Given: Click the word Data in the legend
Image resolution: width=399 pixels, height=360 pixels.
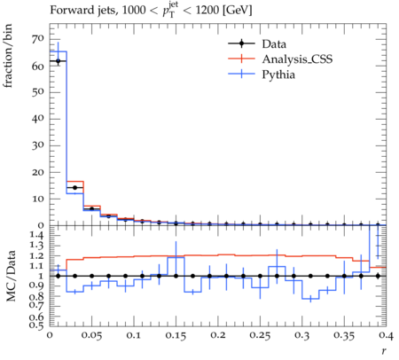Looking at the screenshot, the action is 274,44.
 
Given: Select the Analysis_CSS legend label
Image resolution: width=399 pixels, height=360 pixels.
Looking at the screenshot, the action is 297,59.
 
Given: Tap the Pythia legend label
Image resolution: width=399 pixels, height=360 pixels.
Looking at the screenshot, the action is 278,74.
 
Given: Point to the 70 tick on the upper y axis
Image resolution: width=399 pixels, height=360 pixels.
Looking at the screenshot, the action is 38,39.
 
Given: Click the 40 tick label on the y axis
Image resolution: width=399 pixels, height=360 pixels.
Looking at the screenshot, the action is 38,119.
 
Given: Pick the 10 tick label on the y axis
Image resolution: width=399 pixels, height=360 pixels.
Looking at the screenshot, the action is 38,199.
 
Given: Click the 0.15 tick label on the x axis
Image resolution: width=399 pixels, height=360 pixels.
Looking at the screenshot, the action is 176,335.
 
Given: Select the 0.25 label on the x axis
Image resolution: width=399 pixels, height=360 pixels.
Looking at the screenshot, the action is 260,335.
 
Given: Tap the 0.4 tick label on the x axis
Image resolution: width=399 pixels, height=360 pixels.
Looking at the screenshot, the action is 385,335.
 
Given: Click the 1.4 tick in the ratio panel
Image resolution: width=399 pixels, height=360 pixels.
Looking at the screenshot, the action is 36,235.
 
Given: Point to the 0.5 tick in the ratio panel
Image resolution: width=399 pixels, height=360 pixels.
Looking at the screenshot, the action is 36,325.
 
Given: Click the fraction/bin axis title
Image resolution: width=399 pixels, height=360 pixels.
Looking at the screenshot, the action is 8,56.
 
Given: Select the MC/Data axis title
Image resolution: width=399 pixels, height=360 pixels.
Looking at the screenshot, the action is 11,276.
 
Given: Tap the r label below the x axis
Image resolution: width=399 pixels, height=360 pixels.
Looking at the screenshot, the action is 384,351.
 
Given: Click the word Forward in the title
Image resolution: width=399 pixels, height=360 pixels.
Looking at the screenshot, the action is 68,11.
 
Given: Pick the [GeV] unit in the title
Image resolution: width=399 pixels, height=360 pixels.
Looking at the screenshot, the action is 237,11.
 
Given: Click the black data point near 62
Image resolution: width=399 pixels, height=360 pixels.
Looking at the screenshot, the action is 59,61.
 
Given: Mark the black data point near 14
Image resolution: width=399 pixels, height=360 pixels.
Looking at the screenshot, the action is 75,188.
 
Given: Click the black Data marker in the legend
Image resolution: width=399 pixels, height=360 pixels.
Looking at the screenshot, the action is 241,43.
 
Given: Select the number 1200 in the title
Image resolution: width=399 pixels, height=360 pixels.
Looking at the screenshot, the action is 207,11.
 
